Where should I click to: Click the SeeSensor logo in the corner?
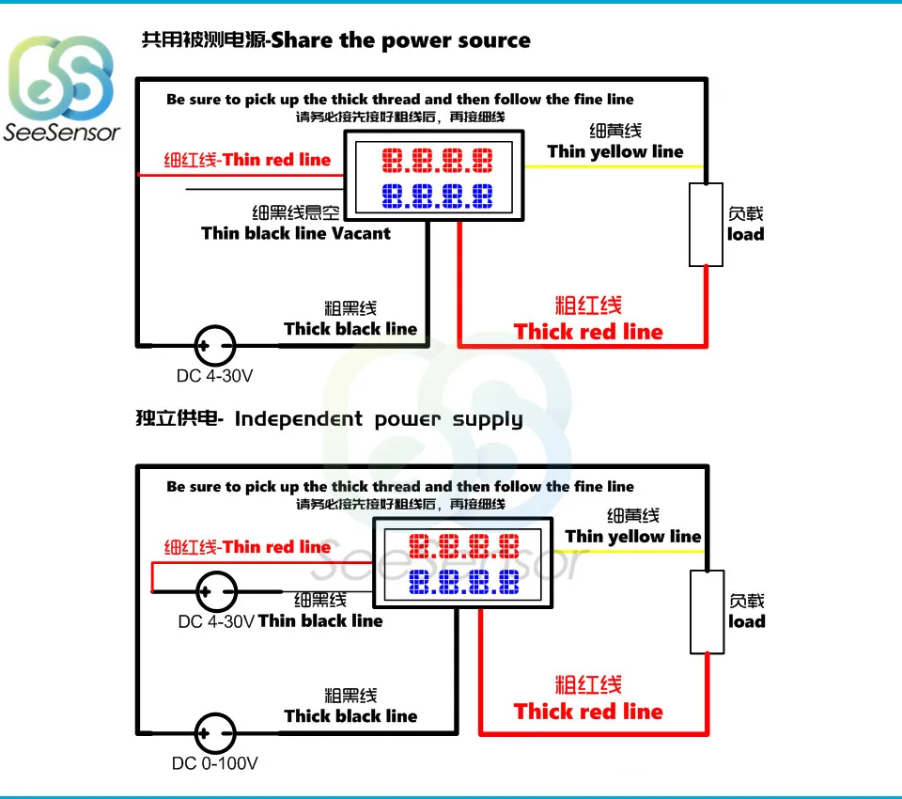(63, 89)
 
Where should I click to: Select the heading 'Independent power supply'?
(378, 419)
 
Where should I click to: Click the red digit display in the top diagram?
(437, 161)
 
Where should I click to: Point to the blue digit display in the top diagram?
(437, 196)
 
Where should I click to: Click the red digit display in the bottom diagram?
(464, 546)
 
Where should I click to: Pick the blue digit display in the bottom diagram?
(464, 582)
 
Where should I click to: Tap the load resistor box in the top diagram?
(706, 225)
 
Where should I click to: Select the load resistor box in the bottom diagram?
(707, 612)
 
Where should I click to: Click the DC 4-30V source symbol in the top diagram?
(215, 345)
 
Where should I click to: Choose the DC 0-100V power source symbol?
(215, 732)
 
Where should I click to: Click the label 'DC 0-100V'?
(214, 763)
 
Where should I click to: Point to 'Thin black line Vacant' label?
(295, 233)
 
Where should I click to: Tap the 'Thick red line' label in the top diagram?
(588, 332)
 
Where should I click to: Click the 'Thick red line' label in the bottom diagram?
(588, 712)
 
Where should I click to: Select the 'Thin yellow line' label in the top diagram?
(615, 151)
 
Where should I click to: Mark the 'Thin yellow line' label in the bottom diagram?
(633, 537)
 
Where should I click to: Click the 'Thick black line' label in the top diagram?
(350, 328)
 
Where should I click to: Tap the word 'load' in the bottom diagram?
(747, 621)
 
